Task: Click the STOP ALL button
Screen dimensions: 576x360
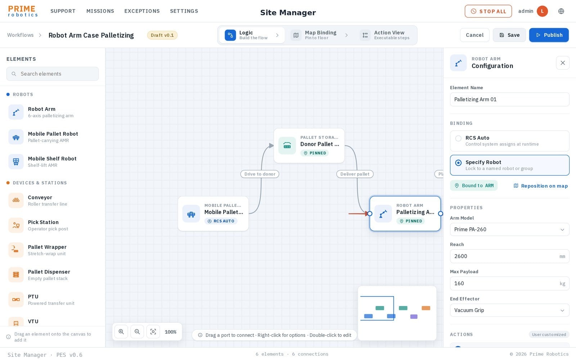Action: coord(488,11)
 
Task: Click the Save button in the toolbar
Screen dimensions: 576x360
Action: coord(509,35)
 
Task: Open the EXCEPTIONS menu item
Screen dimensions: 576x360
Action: coord(142,11)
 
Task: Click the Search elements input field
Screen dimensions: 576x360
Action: coord(53,74)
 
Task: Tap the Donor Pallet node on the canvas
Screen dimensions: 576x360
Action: coord(309,145)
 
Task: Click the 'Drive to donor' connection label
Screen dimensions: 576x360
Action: coord(260,174)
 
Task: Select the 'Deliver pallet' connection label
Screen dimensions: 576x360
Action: coord(355,174)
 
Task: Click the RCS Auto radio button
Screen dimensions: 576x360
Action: coord(458,138)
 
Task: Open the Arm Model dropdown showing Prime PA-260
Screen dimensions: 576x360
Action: coord(509,229)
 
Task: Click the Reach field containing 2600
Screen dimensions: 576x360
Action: coord(509,256)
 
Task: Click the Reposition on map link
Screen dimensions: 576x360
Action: coord(540,186)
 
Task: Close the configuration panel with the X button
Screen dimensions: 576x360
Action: coord(563,63)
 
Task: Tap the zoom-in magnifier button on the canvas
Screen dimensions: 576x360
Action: coord(121,332)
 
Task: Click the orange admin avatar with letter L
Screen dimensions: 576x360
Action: coord(542,11)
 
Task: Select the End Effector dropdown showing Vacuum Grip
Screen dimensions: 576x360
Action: coord(509,310)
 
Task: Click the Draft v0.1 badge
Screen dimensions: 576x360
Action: coord(162,35)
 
